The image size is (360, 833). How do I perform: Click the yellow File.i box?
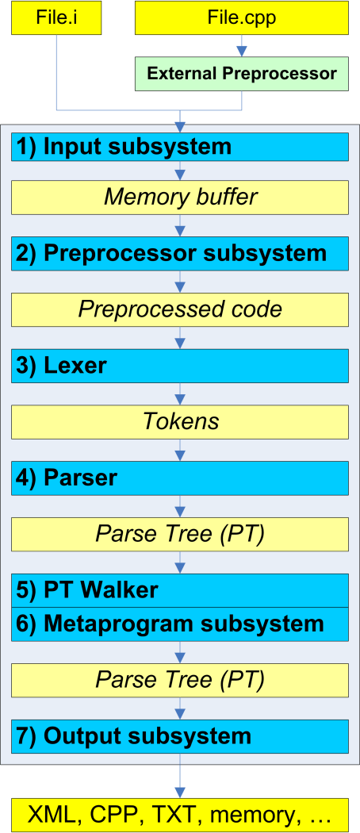tap(56, 17)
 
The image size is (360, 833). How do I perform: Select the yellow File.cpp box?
tap(242, 17)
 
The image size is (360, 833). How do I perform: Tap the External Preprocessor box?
tap(242, 74)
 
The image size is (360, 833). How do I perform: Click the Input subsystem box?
tap(180, 147)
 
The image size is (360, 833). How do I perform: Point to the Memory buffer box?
tap(180, 197)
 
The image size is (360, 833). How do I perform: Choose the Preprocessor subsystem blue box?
tap(180, 253)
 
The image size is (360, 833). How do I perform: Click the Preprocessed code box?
tap(180, 309)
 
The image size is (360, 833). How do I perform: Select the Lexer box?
tap(180, 366)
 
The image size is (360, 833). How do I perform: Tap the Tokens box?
tap(180, 421)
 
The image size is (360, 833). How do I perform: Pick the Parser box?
tap(180, 478)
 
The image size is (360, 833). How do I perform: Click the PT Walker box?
tap(180, 590)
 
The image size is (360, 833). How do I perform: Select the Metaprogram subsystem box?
tap(180, 624)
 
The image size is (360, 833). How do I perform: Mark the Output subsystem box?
tap(180, 735)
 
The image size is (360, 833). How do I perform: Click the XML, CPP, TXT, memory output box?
tap(180, 815)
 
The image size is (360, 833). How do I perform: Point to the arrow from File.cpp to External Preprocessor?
tap(242, 46)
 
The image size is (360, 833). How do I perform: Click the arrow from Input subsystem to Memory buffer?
tap(181, 171)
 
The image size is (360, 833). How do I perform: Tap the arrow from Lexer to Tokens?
tap(181, 393)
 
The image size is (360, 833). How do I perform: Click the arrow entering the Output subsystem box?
tap(181, 708)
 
